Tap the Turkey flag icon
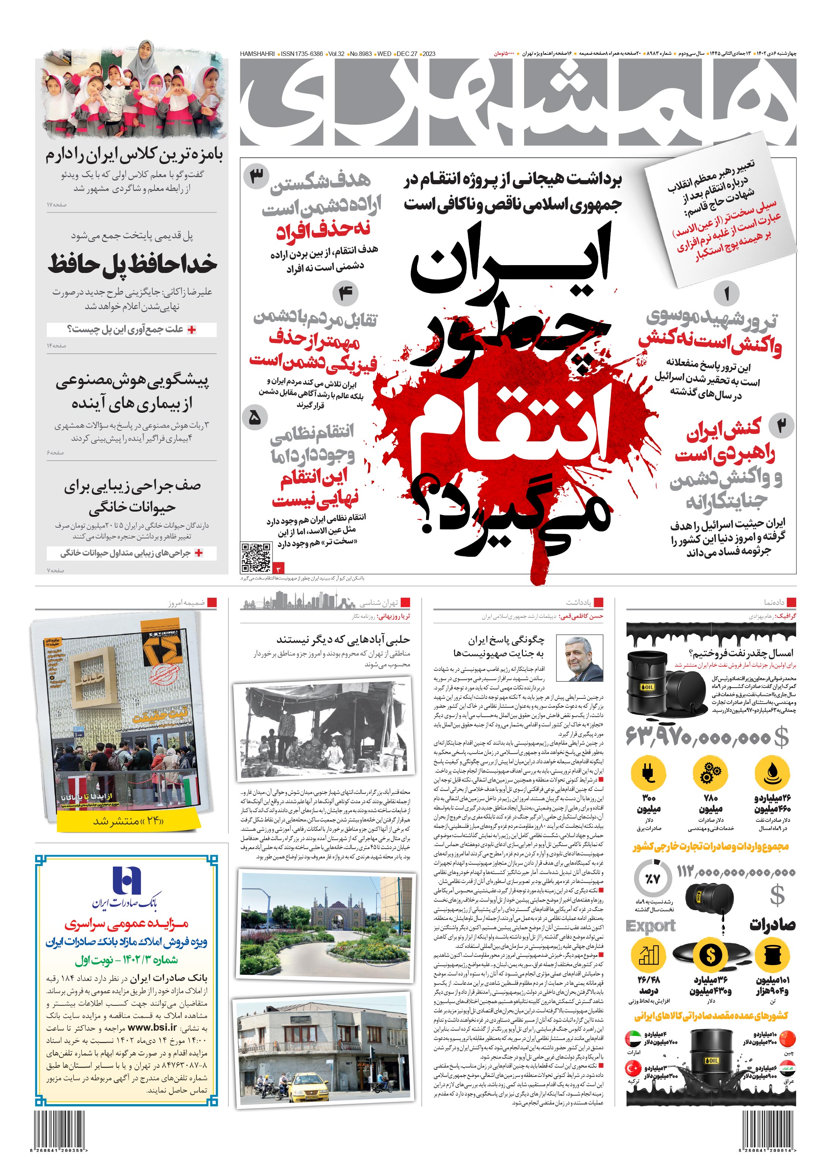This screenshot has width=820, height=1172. pyautogui.click(x=633, y=1068)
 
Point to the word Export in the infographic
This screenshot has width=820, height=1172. pyautogui.click(x=650, y=926)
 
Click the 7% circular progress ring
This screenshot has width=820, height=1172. pyautogui.click(x=653, y=879)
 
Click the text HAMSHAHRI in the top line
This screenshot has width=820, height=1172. pyautogui.click(x=257, y=54)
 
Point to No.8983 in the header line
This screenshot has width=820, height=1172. pyautogui.click(x=360, y=54)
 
